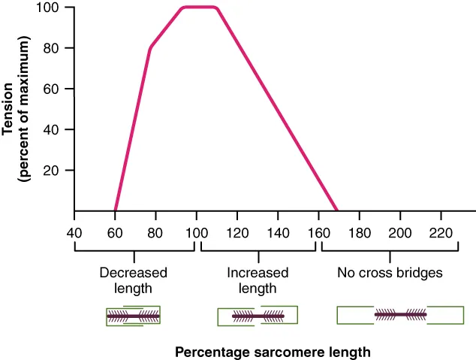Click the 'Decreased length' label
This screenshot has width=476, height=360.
[133, 280]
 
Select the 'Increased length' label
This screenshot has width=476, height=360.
[257, 280]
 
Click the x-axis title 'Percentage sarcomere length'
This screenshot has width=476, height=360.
[273, 351]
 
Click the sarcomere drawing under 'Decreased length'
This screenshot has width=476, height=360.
[133, 316]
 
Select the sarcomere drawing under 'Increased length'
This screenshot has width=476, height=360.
[258, 316]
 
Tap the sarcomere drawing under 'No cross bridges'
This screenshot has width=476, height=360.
[400, 314]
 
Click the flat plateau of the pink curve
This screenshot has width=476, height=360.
[200, 8]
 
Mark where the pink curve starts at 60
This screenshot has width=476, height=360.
[115, 210]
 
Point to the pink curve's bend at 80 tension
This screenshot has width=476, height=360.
[150, 48]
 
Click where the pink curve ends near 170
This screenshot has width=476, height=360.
[337, 210]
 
